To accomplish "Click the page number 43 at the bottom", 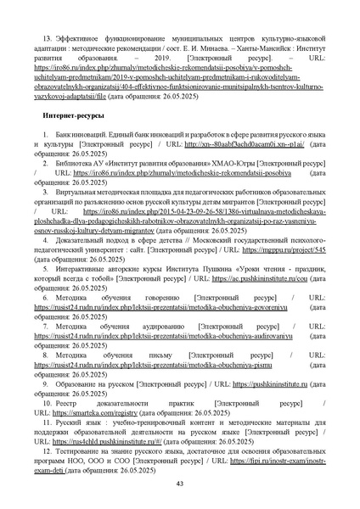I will (x=179, y=483).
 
